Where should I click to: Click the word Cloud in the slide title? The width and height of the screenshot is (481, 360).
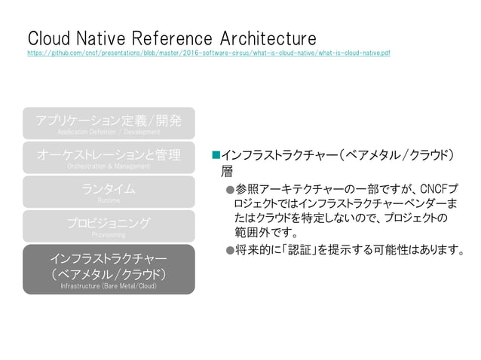tap(49, 38)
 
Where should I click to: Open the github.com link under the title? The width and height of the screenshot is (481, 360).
tap(208, 53)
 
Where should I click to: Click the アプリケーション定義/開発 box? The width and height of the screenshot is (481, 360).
tap(109, 123)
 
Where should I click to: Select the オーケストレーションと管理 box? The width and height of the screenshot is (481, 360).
tap(109, 157)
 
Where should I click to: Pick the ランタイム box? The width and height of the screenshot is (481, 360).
tap(109, 191)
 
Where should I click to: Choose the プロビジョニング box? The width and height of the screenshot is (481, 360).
tap(109, 226)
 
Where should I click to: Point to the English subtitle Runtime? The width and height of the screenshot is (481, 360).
tap(109, 201)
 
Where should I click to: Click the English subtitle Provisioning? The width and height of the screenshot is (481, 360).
tap(109, 235)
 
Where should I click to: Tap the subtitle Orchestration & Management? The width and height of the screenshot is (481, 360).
tap(109, 166)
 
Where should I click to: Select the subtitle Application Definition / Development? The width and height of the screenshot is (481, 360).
tap(109, 132)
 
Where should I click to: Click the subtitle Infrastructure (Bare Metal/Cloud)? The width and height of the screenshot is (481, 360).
tap(109, 286)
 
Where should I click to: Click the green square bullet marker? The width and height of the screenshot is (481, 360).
tap(215, 155)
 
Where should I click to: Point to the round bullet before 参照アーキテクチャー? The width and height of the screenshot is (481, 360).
tap(230, 188)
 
